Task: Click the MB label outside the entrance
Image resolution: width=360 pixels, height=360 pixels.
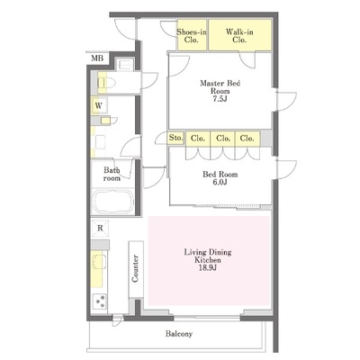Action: point(97,58)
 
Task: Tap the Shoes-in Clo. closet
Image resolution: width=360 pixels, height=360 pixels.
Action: point(192,35)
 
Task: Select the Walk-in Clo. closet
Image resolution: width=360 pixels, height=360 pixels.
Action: point(240,35)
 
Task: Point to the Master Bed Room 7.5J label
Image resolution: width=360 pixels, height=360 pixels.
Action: point(220,91)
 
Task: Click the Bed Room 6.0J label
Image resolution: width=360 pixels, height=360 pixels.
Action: point(220,178)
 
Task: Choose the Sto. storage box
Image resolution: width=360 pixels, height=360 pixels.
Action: point(175,138)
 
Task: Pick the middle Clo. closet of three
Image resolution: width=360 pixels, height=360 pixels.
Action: point(223,139)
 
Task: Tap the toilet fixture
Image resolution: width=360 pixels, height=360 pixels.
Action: point(106,83)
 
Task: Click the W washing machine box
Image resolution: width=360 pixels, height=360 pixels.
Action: point(99,105)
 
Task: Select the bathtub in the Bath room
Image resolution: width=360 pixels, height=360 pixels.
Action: point(113,202)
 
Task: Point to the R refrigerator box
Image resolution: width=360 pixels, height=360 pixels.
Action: point(100,229)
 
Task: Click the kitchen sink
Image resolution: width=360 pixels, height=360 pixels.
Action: point(99,262)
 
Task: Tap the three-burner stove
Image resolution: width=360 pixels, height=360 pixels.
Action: point(100,301)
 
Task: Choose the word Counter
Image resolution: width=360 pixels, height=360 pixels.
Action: point(135,268)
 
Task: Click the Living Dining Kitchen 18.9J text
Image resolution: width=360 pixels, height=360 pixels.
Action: point(208,260)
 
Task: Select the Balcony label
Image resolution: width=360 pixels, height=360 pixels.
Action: point(179,334)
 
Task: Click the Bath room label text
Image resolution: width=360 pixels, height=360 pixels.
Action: point(112,175)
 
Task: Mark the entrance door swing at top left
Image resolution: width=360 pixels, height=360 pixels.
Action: point(126,29)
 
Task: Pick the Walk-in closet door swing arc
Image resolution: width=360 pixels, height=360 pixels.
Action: point(247,61)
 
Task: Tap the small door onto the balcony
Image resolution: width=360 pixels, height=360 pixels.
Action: point(117,320)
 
